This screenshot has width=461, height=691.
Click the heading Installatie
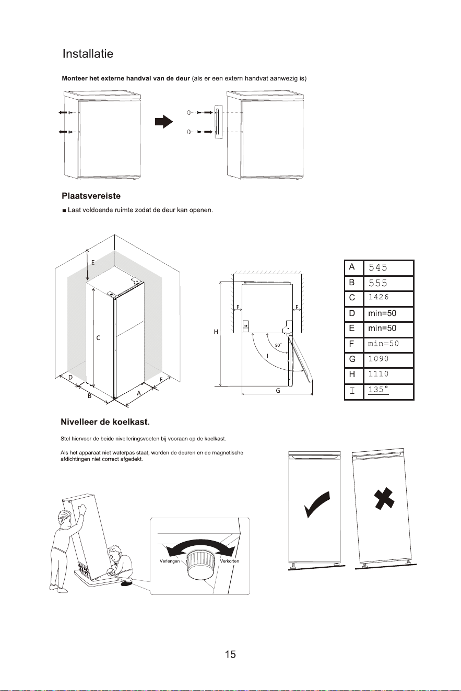[88, 54]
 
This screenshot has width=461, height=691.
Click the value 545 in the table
[378, 267]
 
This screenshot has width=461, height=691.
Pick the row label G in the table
[352, 359]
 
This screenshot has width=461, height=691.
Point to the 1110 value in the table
[379, 374]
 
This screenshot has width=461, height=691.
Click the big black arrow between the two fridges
[164, 122]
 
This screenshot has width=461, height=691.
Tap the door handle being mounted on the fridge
[218, 122]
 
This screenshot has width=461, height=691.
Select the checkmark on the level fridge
[317, 503]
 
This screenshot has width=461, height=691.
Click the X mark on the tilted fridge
[384, 498]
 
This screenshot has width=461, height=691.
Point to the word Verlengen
[170, 561]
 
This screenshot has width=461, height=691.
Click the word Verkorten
[229, 561]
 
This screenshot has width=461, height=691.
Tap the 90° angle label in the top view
[278, 345]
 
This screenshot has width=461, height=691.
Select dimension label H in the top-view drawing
[216, 332]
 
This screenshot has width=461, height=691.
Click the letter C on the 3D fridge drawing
[98, 338]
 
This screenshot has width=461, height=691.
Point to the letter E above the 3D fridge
[93, 263]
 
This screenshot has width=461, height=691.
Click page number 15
[230, 654]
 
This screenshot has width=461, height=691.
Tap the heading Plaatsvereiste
[91, 196]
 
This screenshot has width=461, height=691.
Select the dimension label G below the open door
[278, 391]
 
